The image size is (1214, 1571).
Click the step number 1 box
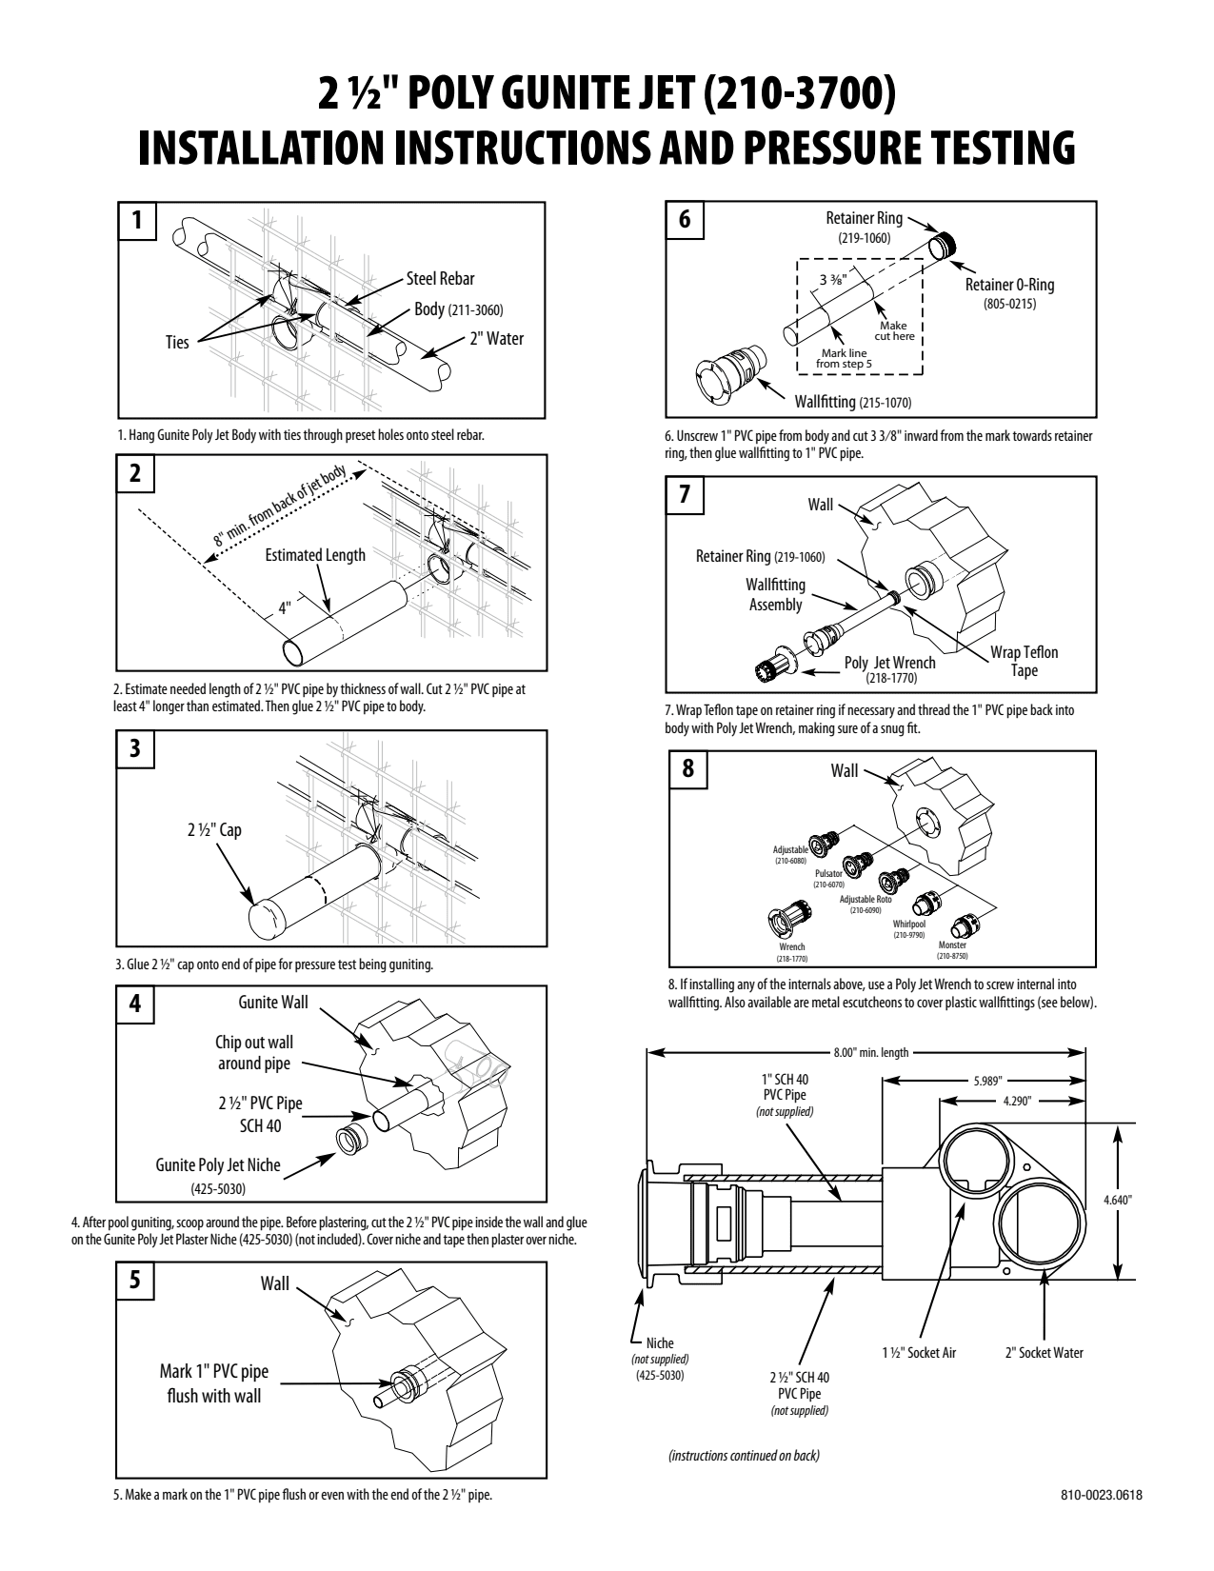click(x=137, y=220)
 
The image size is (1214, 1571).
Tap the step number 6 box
click(x=684, y=219)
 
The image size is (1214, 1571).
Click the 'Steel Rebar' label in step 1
click(x=440, y=278)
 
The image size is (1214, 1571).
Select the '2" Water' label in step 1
click(x=497, y=338)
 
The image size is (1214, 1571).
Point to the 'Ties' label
click(x=177, y=342)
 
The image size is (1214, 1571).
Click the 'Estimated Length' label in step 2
click(x=315, y=555)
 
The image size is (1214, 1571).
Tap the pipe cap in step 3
click(x=265, y=918)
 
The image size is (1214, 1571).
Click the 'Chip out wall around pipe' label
click(x=254, y=1053)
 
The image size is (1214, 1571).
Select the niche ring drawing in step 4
click(x=352, y=1140)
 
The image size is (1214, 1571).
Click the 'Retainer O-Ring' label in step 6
click(x=1009, y=285)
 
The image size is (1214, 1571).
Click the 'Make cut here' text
click(x=894, y=331)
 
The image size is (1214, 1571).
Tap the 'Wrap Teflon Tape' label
click(x=1024, y=661)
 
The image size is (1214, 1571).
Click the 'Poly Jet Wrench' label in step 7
click(x=890, y=663)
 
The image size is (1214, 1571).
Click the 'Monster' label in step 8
click(x=952, y=945)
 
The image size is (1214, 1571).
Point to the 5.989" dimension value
click(x=987, y=1081)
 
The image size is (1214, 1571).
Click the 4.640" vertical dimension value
click(x=1117, y=1200)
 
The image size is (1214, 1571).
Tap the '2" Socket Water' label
click(x=1045, y=1353)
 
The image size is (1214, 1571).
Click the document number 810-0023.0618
click(x=1102, y=1494)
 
